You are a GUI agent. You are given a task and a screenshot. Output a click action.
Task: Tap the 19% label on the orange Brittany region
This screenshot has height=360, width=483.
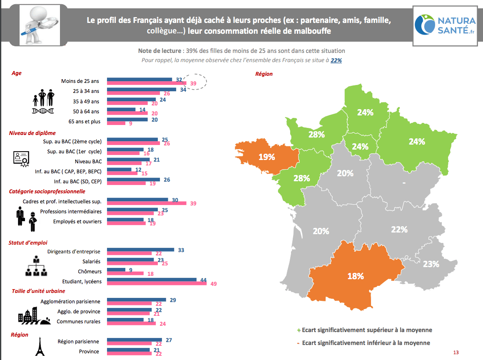[x=266, y=157]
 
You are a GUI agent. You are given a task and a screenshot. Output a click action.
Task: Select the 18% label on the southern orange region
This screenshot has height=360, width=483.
[x=356, y=276]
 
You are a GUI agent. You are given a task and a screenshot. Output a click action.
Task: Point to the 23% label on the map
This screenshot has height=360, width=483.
[x=431, y=264]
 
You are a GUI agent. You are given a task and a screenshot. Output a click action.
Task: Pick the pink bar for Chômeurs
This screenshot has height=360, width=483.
[x=125, y=273]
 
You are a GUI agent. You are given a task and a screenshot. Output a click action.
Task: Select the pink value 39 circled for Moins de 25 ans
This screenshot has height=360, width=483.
[x=193, y=84]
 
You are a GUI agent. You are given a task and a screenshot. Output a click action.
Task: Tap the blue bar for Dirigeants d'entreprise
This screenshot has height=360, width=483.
[x=140, y=250]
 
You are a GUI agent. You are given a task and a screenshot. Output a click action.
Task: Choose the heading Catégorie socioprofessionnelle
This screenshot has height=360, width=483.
[x=47, y=191]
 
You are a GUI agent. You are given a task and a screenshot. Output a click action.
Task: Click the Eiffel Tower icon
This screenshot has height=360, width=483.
[x=40, y=347]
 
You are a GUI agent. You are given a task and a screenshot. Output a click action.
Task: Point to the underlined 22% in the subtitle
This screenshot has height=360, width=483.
[x=336, y=60]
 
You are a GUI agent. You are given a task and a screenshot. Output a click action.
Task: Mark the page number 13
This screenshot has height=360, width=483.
[x=456, y=352]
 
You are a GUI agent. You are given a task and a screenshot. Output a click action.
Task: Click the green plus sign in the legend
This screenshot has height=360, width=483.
[x=299, y=330]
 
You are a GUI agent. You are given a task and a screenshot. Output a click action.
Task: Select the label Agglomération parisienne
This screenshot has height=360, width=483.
[x=70, y=301]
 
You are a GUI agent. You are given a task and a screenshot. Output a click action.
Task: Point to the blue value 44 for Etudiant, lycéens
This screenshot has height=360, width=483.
[x=204, y=280]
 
